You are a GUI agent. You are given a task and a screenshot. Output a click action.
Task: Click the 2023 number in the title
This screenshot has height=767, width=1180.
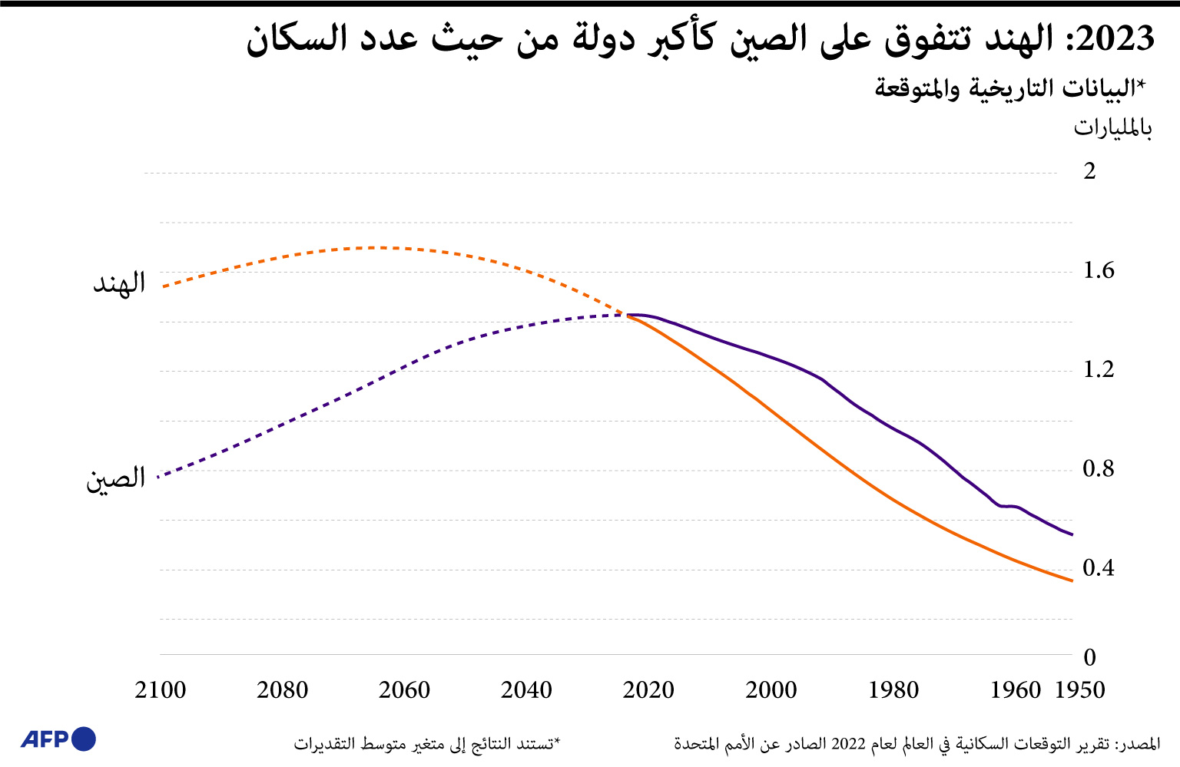click(x=1115, y=38)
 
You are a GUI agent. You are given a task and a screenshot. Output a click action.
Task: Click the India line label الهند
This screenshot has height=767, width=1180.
click(x=119, y=283)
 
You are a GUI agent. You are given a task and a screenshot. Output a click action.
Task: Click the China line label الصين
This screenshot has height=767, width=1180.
click(x=115, y=479)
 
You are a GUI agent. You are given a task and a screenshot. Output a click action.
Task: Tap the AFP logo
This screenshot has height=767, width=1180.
click(x=58, y=739)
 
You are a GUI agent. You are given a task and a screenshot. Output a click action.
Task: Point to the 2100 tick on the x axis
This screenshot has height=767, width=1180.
click(x=161, y=690)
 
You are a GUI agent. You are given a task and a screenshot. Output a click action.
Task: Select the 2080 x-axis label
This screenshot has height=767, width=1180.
click(x=283, y=690)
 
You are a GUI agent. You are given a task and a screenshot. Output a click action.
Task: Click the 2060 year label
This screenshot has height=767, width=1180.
click(x=405, y=690)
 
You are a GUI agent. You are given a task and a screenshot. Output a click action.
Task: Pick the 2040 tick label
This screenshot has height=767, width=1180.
click(x=527, y=690)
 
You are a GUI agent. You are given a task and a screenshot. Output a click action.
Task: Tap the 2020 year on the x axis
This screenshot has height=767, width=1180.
click(x=649, y=690)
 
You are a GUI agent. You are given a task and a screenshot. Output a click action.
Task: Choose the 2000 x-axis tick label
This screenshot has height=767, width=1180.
click(x=771, y=690)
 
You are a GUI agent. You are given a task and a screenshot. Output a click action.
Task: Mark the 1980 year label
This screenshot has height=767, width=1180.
click(x=893, y=690)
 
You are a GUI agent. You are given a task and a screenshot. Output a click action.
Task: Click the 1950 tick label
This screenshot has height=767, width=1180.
click(x=1080, y=690)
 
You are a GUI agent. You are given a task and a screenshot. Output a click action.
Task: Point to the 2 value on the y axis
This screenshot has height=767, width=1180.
click(x=1089, y=171)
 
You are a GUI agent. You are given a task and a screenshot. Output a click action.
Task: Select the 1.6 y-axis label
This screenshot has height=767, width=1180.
click(x=1098, y=270)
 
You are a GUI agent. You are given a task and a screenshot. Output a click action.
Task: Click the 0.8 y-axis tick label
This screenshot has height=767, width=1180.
click(x=1098, y=468)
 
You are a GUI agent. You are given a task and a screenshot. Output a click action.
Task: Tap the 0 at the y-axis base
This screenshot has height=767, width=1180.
click(x=1089, y=657)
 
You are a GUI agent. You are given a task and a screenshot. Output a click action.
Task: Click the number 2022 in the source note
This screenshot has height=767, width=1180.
click(x=849, y=744)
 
